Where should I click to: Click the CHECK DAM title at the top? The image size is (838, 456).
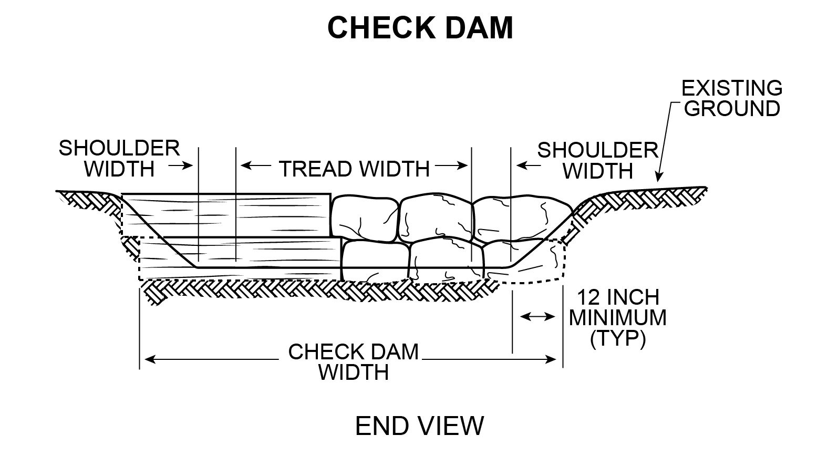[x=420, y=28]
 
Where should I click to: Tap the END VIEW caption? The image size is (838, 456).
[x=419, y=426]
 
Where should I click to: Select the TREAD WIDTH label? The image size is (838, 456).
[x=354, y=169]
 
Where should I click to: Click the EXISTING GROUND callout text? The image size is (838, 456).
[x=732, y=98]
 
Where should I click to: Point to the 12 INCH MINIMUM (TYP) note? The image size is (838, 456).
[x=618, y=318]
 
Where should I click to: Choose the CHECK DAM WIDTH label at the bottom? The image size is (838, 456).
[x=353, y=362]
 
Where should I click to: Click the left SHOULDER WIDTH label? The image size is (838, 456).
[x=119, y=158]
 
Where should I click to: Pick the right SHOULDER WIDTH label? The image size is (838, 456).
[x=598, y=160]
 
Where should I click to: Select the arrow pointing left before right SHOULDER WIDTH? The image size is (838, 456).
[x=527, y=165]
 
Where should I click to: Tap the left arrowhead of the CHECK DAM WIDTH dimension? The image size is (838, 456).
[x=148, y=359]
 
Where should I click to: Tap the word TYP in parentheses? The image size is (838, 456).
[x=618, y=339]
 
